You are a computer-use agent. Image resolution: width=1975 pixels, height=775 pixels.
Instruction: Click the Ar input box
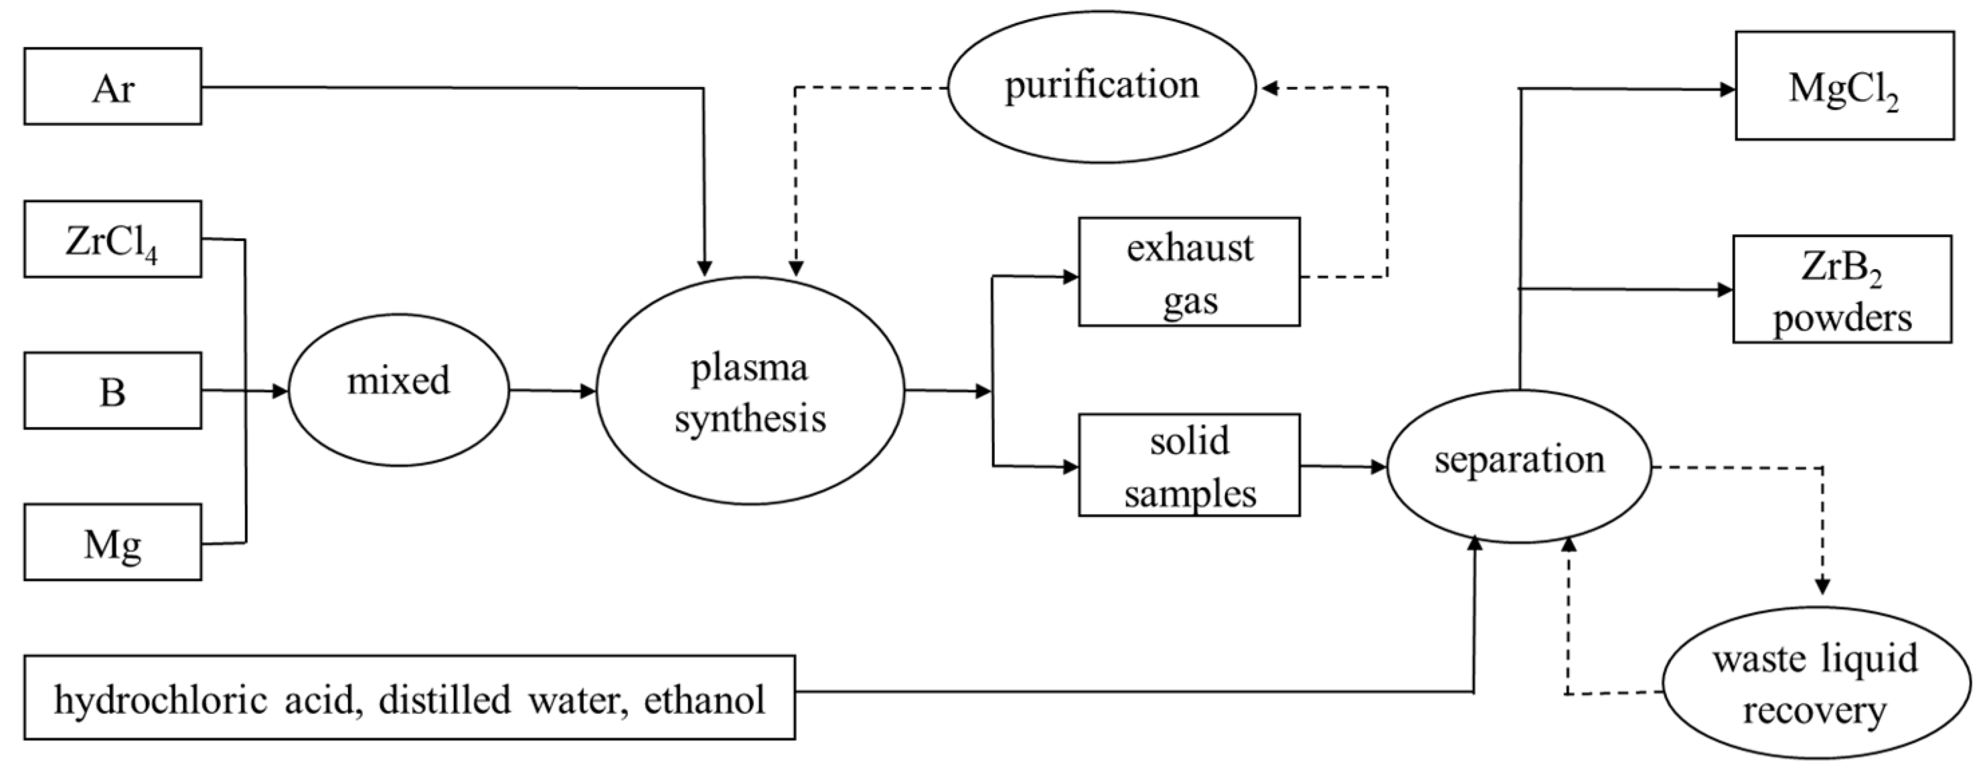pos(112,86)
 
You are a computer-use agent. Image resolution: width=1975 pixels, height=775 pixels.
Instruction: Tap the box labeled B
pos(112,391)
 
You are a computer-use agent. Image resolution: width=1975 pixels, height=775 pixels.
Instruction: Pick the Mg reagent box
pos(112,542)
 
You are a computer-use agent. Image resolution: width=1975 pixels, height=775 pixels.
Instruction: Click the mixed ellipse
pos(398,390)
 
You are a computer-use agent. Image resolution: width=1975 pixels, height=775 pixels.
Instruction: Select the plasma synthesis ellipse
pos(750,391)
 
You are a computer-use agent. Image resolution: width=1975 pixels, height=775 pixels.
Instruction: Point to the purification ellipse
pos(1102,86)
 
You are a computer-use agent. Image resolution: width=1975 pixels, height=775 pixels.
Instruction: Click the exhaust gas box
pos(1189,272)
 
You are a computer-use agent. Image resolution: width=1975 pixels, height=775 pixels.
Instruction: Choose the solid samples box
pos(1189,465)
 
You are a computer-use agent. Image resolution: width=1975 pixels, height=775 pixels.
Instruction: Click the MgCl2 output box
pos(1844,86)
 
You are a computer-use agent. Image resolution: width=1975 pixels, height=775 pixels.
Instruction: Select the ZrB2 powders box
pos(1842,290)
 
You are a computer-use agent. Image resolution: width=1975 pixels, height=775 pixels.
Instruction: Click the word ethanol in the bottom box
pos(704,699)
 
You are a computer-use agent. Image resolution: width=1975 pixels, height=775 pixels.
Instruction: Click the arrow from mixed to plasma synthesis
pos(552,391)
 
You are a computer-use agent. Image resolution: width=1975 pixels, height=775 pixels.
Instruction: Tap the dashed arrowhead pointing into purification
pos(1269,88)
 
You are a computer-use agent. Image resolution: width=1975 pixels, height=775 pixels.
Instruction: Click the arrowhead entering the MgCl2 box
pos(1727,90)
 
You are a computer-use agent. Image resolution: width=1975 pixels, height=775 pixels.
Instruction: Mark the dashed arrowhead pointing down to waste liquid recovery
pos(1822,586)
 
